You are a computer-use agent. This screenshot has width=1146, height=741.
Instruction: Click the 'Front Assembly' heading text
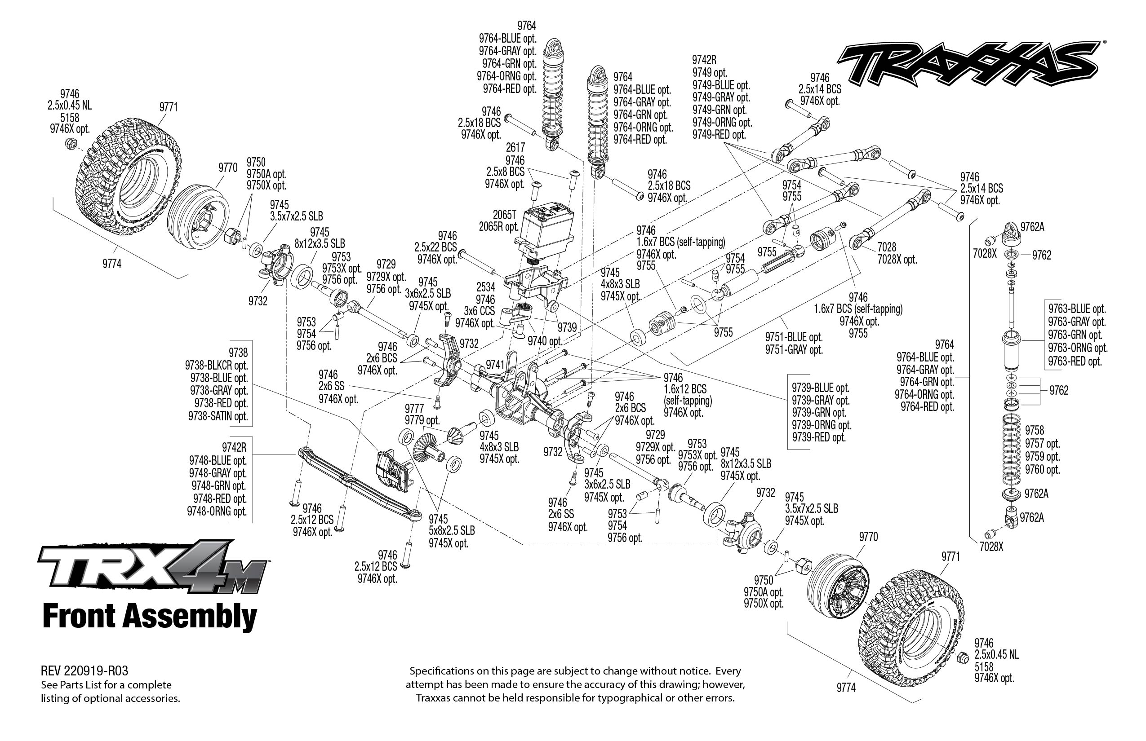[x=150, y=617]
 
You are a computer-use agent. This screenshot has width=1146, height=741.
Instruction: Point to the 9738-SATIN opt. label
[x=218, y=416]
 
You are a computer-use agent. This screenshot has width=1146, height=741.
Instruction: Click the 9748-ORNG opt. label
[x=217, y=511]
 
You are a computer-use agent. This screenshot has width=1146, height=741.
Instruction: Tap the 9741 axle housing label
[x=494, y=365]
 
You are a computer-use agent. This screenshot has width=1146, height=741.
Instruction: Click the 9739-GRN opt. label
[x=818, y=412]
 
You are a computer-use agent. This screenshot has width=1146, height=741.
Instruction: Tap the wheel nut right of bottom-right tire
[x=962, y=657]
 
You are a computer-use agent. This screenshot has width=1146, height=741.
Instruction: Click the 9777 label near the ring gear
[x=414, y=408]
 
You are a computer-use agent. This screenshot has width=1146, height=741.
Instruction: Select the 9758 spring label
[x=1034, y=430]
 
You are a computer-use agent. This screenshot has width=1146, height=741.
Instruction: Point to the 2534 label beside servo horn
[x=485, y=287]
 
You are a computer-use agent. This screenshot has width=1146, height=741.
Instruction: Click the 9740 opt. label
[x=545, y=341]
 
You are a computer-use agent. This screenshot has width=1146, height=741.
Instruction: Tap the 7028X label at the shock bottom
[x=991, y=547]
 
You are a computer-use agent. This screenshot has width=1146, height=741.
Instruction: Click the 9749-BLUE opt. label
[x=721, y=85]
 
